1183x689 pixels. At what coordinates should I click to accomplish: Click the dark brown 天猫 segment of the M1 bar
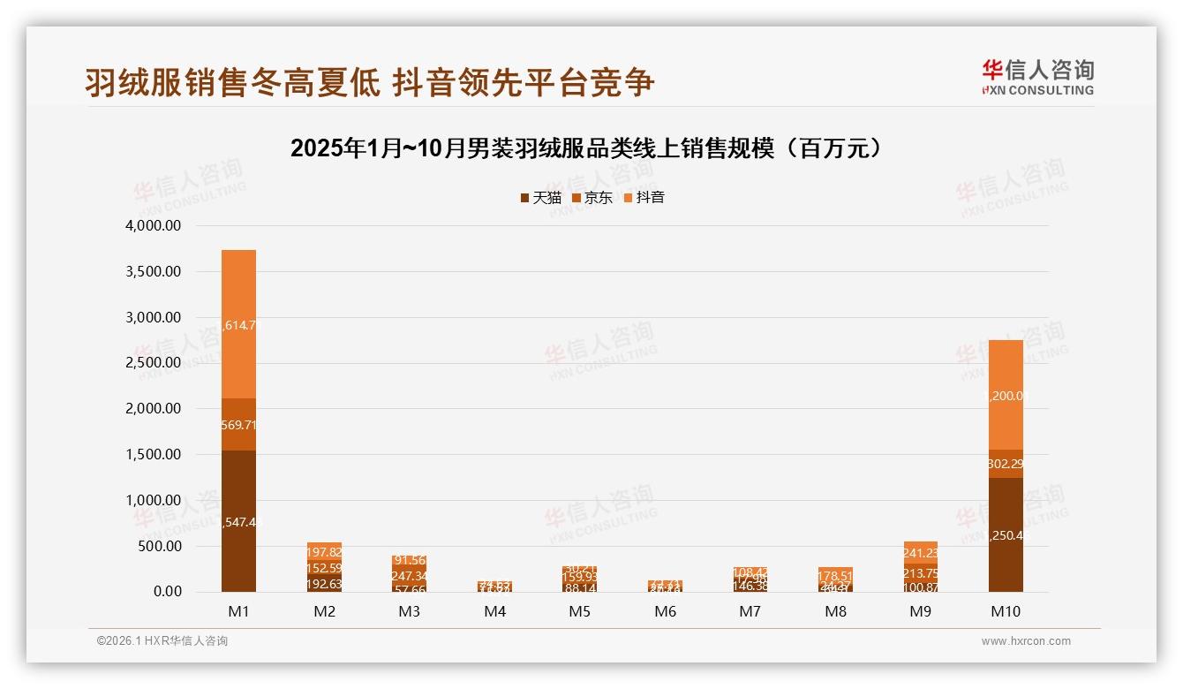tap(238, 521)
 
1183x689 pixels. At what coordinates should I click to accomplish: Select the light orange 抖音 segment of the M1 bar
tap(238, 324)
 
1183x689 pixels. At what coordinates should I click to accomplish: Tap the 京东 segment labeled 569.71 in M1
tap(238, 425)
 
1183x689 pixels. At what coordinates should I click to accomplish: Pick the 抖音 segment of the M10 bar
tap(1006, 395)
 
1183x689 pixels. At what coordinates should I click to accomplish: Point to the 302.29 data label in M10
tap(1006, 464)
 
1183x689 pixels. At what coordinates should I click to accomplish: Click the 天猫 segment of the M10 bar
tap(1006, 534)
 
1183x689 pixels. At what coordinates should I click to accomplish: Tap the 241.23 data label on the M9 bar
tap(920, 553)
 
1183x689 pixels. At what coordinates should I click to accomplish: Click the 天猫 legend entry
tap(541, 198)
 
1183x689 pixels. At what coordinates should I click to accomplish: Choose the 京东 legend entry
tap(592, 198)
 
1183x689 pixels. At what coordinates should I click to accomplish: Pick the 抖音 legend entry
tap(644, 198)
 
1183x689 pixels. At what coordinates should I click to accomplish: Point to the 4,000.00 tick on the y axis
tap(154, 226)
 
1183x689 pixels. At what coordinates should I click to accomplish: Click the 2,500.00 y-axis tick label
tap(154, 363)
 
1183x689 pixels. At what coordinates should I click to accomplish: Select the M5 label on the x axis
tap(580, 611)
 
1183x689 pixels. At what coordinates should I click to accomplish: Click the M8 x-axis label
tap(835, 611)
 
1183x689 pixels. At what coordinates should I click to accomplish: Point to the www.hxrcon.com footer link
tap(1026, 641)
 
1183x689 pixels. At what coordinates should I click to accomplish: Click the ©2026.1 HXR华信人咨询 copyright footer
tap(162, 641)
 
